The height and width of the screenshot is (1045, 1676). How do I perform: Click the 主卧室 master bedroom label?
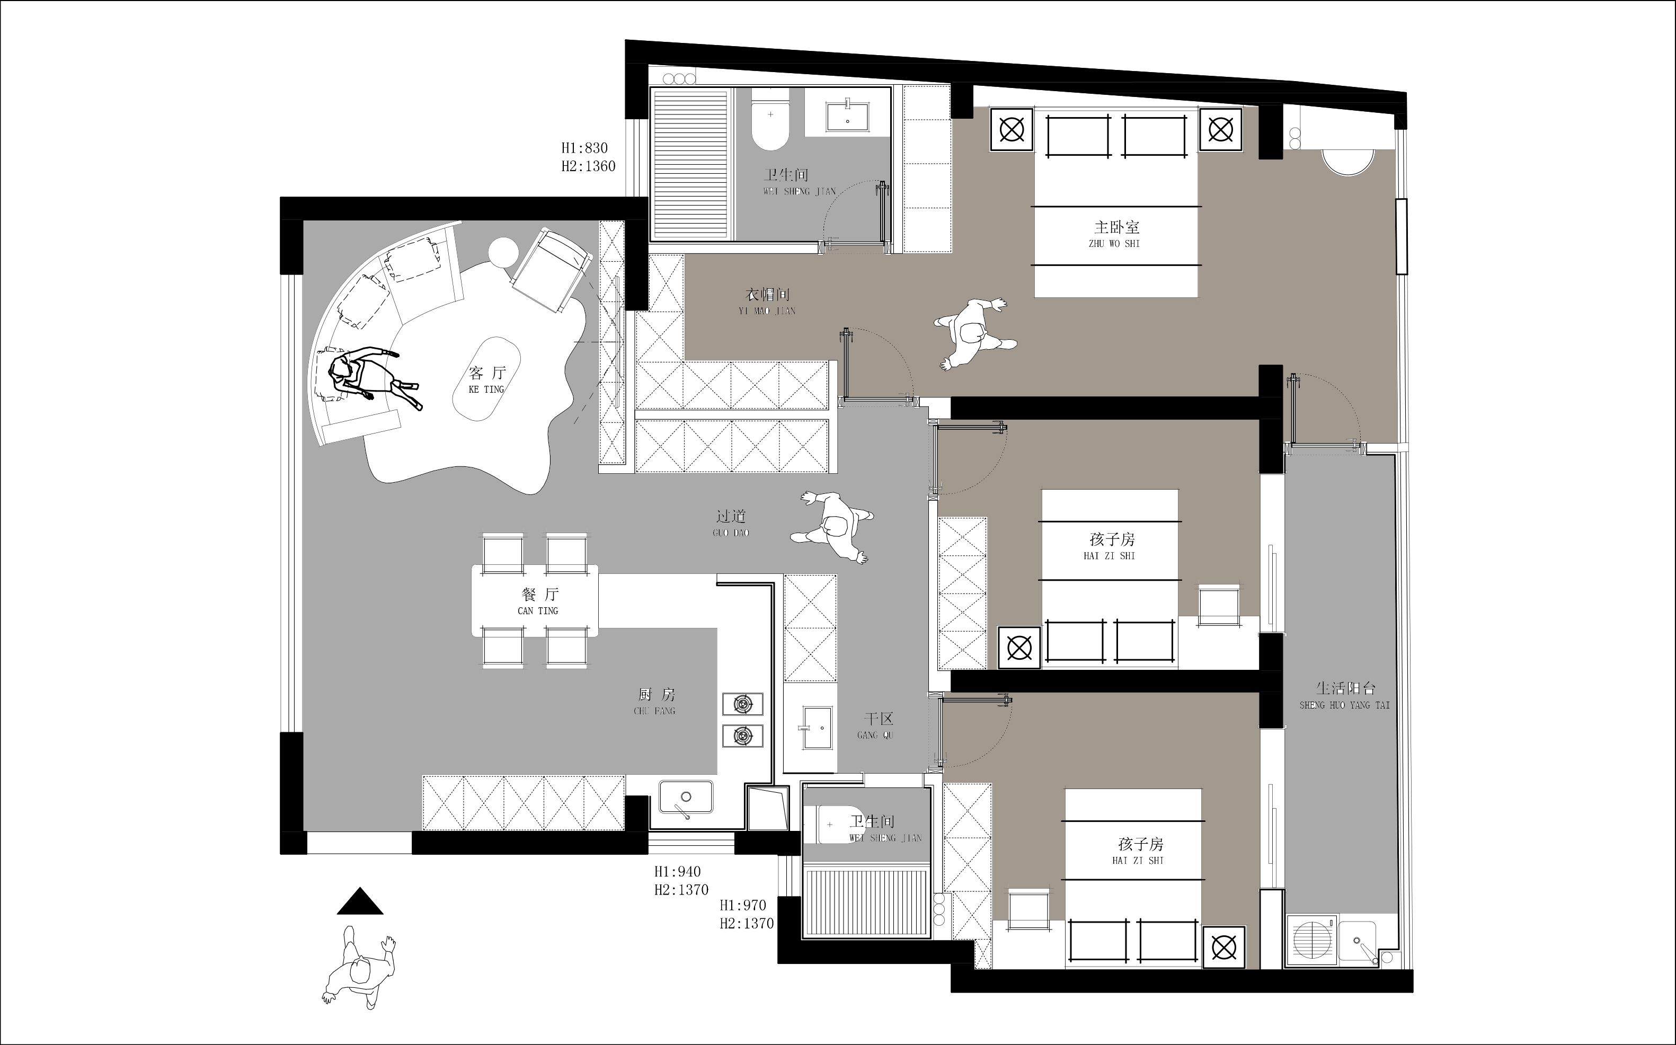1117,227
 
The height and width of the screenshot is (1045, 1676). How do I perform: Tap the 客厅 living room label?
487,373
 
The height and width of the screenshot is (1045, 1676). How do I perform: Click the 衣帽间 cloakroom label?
767,295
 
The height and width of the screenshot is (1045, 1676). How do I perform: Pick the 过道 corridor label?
731,516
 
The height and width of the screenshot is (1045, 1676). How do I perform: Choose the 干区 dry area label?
879,719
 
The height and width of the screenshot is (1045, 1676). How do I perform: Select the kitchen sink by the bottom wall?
686,798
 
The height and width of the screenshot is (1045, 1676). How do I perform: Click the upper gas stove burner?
743,704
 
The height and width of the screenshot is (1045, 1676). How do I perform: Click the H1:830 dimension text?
584,148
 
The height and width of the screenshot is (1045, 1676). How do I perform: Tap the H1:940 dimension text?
678,872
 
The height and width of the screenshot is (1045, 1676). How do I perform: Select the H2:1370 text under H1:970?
747,923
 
